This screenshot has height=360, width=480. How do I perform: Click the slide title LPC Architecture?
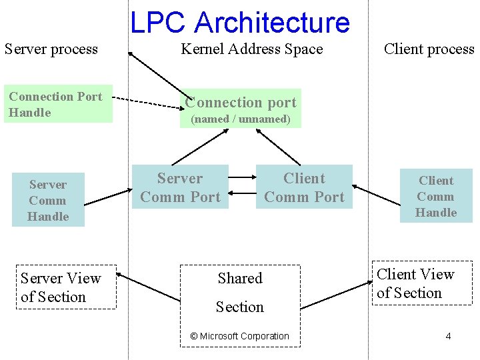[239, 23]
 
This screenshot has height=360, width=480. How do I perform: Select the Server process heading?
[51, 49]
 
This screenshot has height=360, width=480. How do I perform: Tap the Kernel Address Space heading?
[251, 49]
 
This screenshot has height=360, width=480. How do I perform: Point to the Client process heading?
[429, 49]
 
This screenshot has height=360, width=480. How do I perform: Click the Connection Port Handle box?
[58, 105]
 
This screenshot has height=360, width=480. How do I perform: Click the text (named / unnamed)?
[241, 119]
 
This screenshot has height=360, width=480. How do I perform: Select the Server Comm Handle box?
[48, 200]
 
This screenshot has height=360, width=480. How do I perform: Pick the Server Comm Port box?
[180, 187]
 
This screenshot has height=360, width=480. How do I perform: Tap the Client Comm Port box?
[304, 187]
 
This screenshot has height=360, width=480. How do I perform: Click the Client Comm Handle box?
[436, 196]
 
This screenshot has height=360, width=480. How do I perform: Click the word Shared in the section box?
[240, 279]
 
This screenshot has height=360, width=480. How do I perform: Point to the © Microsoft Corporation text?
[240, 336]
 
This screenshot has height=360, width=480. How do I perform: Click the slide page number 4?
[448, 336]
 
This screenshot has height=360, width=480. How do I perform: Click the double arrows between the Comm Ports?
[243, 187]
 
